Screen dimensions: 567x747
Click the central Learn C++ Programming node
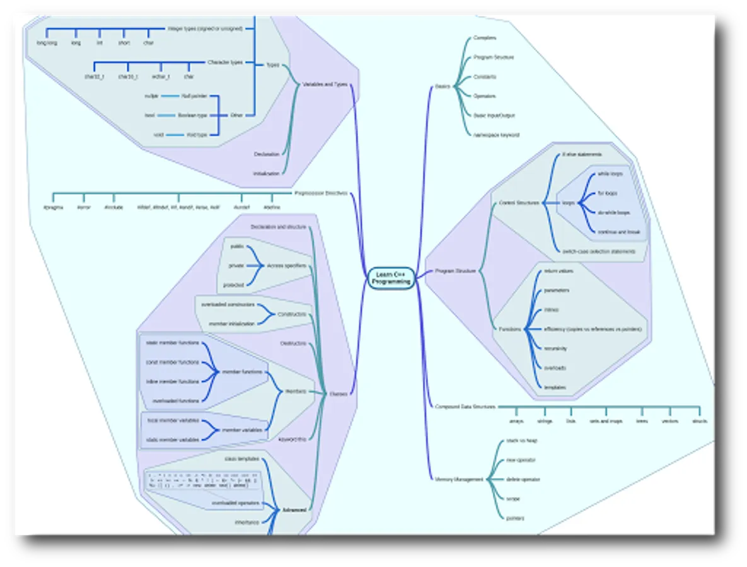(391, 278)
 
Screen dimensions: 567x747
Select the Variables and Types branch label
(325, 84)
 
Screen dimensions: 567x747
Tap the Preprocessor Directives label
(320, 193)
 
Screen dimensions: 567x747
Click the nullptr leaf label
(151, 96)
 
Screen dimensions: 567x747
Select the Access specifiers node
(286, 266)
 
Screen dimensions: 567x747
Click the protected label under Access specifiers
(233, 285)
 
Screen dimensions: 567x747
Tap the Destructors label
(293, 343)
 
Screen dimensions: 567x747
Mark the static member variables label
(173, 440)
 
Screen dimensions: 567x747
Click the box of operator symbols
(197, 481)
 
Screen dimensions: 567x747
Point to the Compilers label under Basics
(485, 38)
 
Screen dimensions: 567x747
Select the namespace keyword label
(496, 135)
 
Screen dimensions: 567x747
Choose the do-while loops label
(613, 213)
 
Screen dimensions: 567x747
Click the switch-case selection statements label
(598, 251)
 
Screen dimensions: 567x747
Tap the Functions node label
(510, 329)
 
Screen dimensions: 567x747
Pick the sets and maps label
(606, 421)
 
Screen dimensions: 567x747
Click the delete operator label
(523, 479)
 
